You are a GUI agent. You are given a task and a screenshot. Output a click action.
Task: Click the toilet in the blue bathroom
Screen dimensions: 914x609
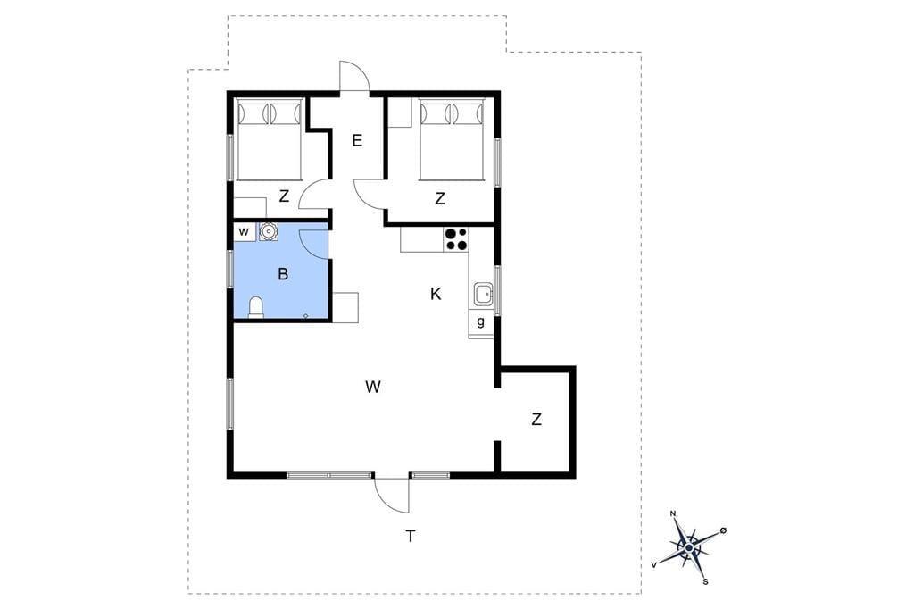tap(256, 307)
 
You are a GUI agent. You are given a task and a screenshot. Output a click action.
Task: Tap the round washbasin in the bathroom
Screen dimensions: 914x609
tap(268, 231)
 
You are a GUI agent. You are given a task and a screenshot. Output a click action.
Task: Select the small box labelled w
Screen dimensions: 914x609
tap(245, 231)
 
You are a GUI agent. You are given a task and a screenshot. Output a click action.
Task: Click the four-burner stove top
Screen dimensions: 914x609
tap(456, 239)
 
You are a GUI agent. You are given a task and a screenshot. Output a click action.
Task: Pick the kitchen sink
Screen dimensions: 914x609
tap(483, 294)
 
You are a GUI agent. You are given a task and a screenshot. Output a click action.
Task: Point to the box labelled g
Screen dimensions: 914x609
tap(481, 322)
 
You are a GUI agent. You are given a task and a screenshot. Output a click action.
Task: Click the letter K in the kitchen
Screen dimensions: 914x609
tap(436, 294)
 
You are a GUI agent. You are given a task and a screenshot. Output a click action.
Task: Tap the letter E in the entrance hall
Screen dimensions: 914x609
tap(357, 140)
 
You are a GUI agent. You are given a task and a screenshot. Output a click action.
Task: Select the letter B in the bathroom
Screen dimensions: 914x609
tap(283, 273)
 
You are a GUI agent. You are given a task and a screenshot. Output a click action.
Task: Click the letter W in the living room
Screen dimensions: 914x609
tap(373, 386)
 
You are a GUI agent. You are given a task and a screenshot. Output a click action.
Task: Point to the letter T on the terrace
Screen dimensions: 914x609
tap(411, 536)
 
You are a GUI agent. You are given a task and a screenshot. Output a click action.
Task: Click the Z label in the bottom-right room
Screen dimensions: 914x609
tap(536, 419)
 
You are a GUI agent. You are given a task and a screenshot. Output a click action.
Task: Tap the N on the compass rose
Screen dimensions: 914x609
tap(673, 513)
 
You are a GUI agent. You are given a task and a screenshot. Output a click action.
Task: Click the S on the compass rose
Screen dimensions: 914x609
tap(705, 581)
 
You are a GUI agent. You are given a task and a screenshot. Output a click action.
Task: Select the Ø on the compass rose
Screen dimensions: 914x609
tap(723, 530)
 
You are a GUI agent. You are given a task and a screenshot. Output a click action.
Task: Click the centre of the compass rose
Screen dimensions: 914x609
tap(690, 547)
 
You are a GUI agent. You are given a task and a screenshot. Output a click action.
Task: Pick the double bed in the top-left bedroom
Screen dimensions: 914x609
tap(269, 140)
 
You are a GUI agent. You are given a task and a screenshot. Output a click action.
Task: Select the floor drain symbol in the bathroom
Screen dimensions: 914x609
tap(305, 316)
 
